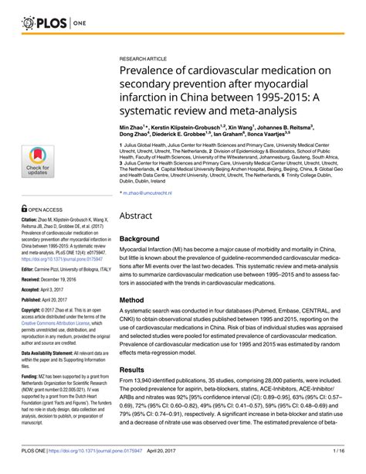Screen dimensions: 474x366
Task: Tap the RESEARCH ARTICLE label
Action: click(x=146, y=59)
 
